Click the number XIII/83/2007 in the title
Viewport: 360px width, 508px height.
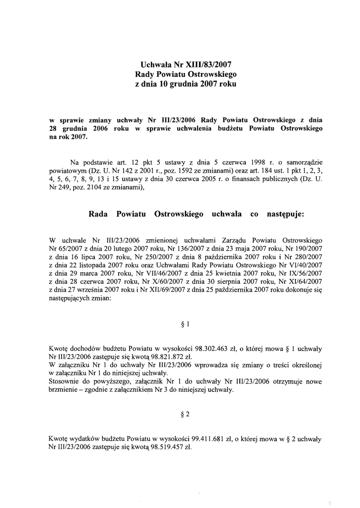pyautogui.click(x=207, y=64)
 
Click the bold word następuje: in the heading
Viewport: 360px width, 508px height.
pyautogui.click(x=279, y=214)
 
